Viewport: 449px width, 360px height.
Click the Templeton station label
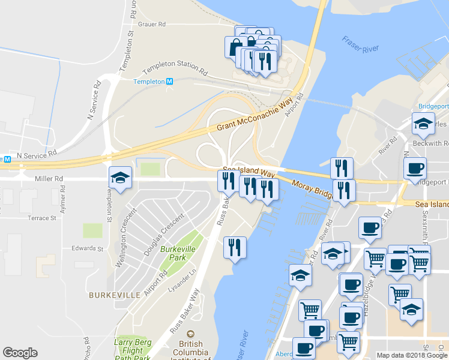148,82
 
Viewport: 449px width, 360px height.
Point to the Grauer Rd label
151,25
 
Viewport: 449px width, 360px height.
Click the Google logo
20,353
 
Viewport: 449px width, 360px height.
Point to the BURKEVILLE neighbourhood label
115,295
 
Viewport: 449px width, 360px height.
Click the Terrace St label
41,218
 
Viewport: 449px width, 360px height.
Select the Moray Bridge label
312,188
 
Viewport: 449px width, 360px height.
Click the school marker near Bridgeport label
423,124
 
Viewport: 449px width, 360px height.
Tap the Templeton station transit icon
170,82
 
